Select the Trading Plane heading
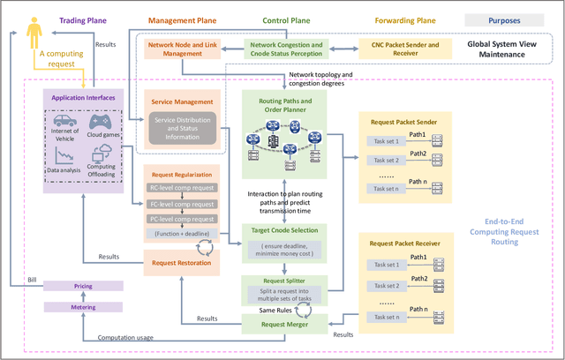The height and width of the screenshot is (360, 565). [83, 19]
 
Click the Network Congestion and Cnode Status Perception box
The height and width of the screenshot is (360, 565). [287, 48]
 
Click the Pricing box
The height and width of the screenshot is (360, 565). [84, 287]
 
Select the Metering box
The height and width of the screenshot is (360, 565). [84, 307]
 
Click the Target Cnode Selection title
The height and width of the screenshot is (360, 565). [285, 229]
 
